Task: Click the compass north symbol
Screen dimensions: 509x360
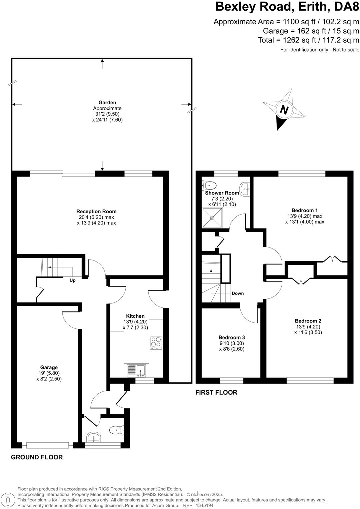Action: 284,110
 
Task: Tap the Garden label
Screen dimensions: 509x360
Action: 107,103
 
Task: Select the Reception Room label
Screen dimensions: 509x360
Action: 96,211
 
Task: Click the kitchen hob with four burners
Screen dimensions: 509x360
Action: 156,342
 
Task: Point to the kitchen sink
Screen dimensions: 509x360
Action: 137,371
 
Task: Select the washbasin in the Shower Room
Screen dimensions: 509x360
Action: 245,189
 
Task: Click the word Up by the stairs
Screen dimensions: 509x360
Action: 72,280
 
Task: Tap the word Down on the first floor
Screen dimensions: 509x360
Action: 238,293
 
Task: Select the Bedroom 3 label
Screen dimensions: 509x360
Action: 232,337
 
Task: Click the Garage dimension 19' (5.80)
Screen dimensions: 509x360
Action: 49,373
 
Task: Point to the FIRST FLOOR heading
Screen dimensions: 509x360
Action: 216,392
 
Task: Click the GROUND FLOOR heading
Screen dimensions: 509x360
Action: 37,457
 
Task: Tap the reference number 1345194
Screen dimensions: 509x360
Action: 204,505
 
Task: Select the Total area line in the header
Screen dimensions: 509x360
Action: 308,40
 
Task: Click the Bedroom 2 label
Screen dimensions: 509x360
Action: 308,321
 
